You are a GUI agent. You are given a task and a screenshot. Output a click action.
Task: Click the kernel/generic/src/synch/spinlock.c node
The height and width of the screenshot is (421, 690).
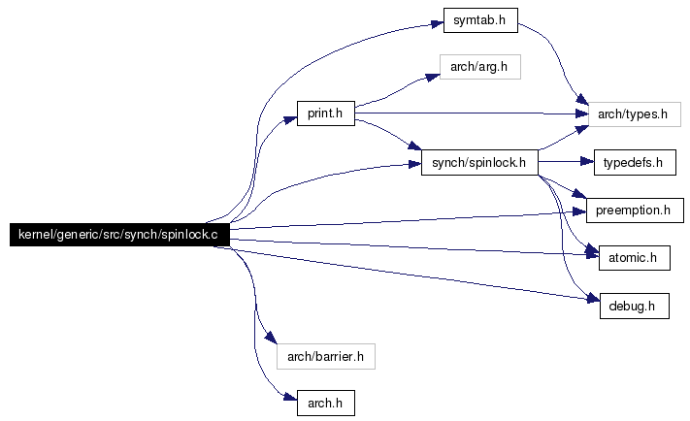(x=119, y=236)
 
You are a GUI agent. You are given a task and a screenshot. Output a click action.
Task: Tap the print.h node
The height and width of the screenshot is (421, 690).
(x=325, y=114)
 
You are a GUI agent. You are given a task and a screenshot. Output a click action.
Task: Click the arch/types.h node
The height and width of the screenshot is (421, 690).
(x=634, y=114)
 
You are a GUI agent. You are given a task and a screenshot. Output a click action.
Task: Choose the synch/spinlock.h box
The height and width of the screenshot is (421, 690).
(x=479, y=163)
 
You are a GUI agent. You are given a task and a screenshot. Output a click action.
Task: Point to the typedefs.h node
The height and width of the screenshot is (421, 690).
(x=633, y=163)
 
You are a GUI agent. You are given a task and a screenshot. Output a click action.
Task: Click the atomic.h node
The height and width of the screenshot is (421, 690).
(x=633, y=259)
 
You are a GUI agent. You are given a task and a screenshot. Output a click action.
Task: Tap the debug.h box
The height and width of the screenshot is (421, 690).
(x=633, y=307)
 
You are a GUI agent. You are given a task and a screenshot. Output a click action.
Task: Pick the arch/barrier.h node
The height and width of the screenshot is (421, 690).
(x=325, y=356)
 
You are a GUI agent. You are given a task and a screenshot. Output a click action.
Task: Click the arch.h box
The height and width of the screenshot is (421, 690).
(x=325, y=403)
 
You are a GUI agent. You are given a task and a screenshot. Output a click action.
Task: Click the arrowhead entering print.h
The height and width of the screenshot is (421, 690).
(x=290, y=117)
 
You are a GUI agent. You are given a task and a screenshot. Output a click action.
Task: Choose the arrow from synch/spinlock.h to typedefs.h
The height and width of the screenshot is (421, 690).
(x=563, y=163)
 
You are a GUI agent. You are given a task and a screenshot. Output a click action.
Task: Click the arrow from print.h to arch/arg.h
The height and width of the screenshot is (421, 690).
(x=388, y=93)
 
